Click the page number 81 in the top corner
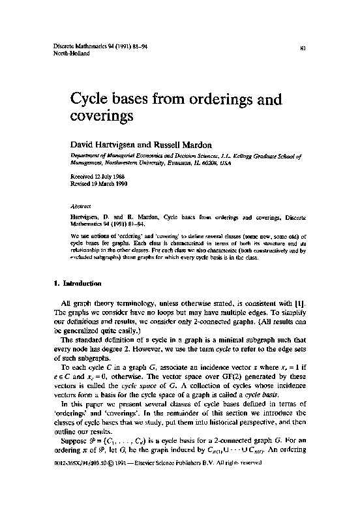pos(304,48)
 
